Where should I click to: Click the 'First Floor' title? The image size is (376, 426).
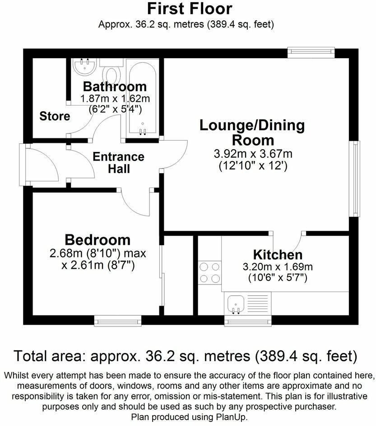pyautogui.click(x=188, y=8)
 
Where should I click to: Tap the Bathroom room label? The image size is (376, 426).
pyautogui.click(x=115, y=86)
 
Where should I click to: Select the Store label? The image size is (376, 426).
pyautogui.click(x=55, y=116)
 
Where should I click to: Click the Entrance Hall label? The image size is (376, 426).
pyautogui.click(x=118, y=163)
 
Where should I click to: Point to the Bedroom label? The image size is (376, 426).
pyautogui.click(x=97, y=239)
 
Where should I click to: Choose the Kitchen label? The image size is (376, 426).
pyautogui.click(x=277, y=254)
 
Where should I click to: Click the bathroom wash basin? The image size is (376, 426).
pyautogui.click(x=84, y=67)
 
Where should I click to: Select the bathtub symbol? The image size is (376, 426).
pyautogui.click(x=142, y=97)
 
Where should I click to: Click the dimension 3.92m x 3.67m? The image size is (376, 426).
pyautogui.click(x=253, y=154)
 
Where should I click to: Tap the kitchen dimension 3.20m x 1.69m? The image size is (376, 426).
pyautogui.click(x=277, y=266)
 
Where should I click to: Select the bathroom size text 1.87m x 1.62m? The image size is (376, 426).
pyautogui.click(x=115, y=98)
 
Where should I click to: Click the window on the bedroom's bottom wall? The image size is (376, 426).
pyautogui.click(x=118, y=321)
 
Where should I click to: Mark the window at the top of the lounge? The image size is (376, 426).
pyautogui.click(x=311, y=52)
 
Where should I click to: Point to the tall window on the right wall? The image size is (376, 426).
pyautogui.click(x=356, y=178)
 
